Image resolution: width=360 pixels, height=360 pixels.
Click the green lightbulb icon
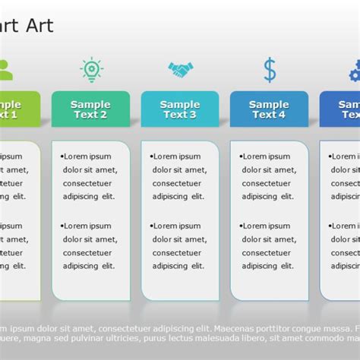click(91, 70)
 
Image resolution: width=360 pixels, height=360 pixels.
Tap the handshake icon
click(180, 71)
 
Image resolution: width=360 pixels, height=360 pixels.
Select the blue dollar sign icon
click(270, 70)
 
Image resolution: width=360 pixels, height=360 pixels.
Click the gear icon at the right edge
click(355, 71)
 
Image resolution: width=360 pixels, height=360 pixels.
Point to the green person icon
click(5, 70)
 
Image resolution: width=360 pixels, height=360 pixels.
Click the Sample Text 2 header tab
click(90, 109)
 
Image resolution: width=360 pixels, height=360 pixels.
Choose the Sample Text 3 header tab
click(180, 109)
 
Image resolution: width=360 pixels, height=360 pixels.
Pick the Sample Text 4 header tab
click(269, 109)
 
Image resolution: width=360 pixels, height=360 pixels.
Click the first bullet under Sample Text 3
click(151, 157)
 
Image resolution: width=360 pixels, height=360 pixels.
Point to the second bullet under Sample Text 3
click(151, 226)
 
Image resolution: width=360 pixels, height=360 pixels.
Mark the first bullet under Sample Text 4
click(241, 157)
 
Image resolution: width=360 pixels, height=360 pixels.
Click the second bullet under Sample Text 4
click(241, 226)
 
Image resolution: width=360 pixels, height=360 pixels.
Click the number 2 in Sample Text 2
click(103, 115)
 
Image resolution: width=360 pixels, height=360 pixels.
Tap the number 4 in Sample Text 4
click(282, 115)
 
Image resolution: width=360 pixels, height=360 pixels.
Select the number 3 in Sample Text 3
click(193, 115)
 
